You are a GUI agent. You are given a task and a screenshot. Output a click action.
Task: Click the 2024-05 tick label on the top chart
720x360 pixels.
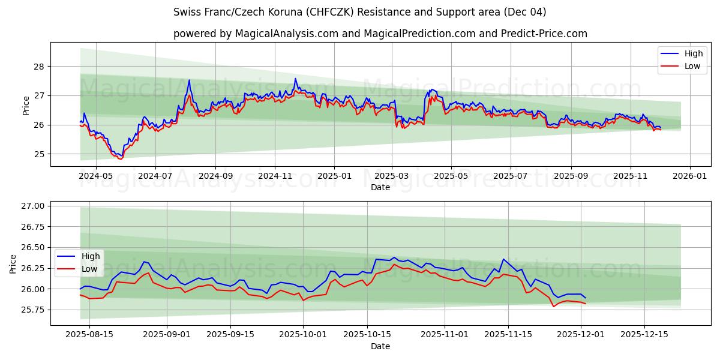97,176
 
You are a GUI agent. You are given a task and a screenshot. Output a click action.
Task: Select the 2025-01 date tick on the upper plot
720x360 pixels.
334,176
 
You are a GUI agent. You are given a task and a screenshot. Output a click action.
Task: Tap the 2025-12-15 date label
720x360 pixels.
644,335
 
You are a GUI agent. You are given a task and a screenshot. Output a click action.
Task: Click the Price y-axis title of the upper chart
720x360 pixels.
26,104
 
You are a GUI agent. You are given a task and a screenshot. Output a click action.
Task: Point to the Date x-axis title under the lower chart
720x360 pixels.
380,346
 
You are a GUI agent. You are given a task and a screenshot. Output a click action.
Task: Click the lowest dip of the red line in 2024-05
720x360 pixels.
120,159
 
